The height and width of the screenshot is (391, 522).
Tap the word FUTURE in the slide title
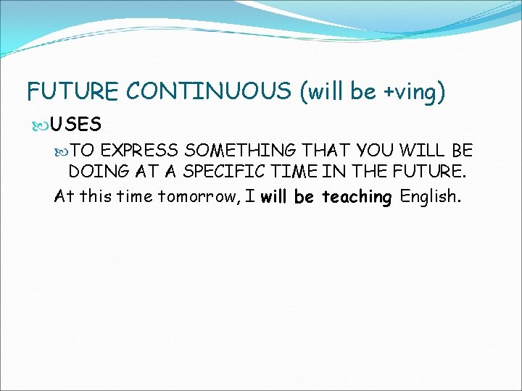[73, 92]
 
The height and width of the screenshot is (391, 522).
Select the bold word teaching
[356, 195]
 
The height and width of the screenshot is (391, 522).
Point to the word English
[430, 195]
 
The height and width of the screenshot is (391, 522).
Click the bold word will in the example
[275, 195]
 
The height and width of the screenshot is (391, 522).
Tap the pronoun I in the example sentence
[250, 195]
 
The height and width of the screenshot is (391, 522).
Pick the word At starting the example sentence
[64, 195]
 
